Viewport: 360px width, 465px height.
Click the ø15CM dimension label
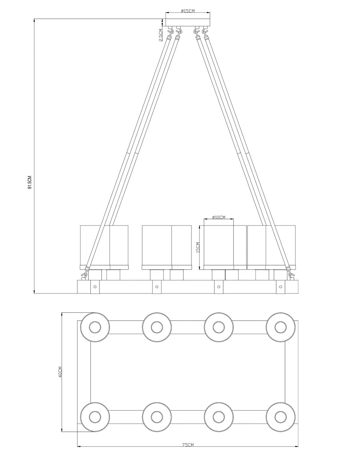tap(188, 11)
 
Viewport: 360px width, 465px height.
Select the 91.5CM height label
tap(30, 182)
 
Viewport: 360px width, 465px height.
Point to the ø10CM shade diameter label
tap(219, 217)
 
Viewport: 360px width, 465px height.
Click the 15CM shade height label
tap(198, 247)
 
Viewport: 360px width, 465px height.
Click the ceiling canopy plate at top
tap(188, 23)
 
